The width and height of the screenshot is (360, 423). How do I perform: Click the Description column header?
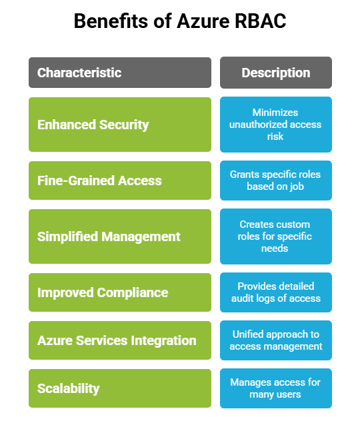(275, 73)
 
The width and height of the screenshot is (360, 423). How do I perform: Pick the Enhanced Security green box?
(120, 125)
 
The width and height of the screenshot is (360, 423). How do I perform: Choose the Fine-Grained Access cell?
(120, 181)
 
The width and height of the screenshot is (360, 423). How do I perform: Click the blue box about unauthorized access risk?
(275, 125)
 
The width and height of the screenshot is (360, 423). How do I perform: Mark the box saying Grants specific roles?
(275, 181)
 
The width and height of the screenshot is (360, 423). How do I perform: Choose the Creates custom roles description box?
(275, 236)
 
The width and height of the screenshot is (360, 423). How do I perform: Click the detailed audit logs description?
(275, 292)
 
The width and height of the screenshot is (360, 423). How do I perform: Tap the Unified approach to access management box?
(275, 340)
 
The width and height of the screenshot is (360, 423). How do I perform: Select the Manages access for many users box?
(275, 388)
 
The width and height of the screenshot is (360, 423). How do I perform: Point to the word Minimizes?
(275, 113)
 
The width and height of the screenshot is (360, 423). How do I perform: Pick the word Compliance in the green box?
(135, 292)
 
